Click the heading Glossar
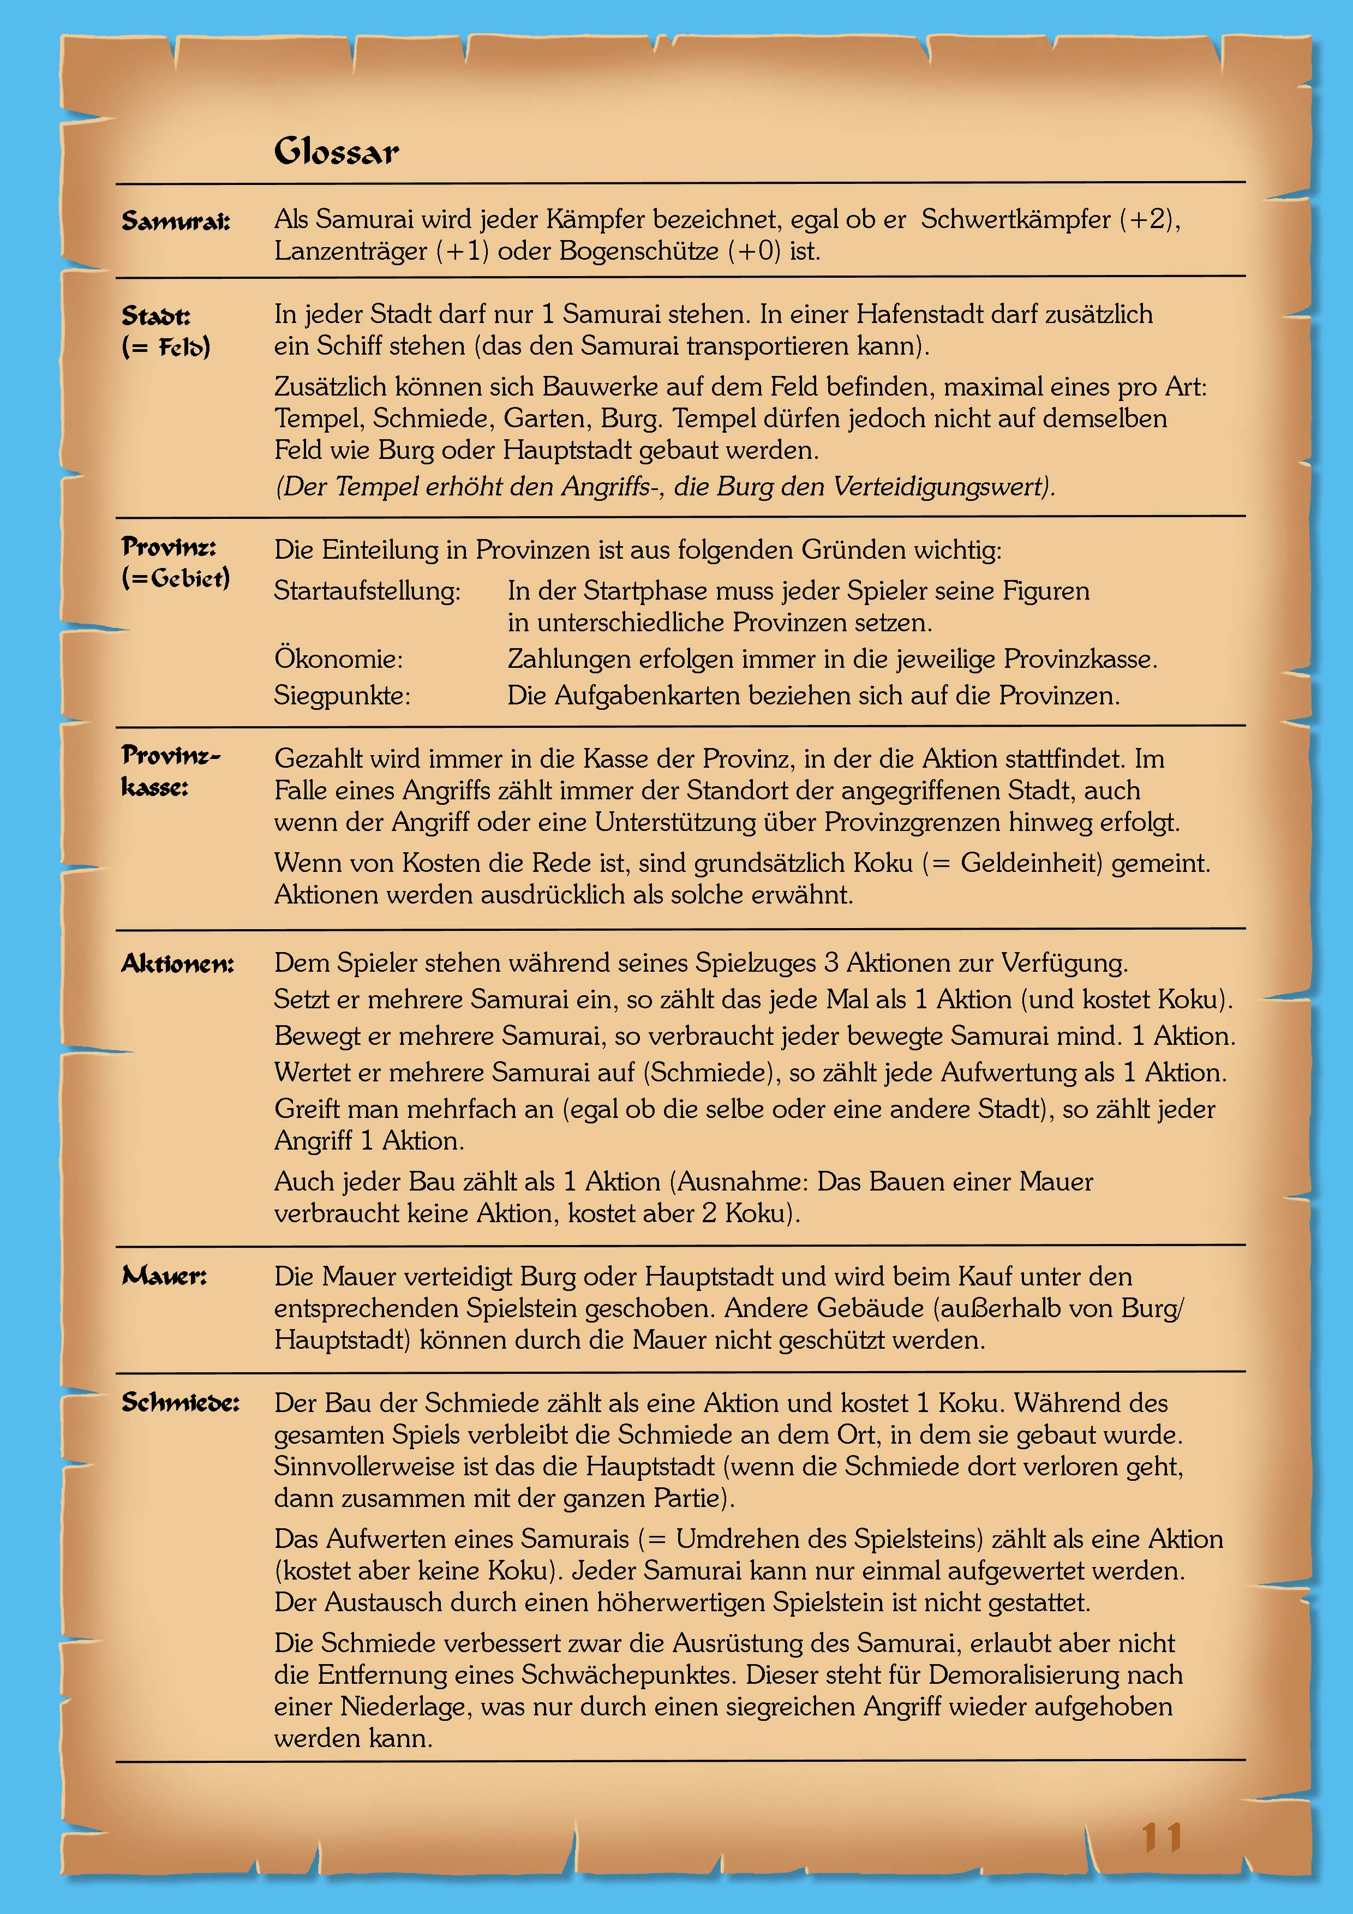coord(336,151)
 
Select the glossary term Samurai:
coord(176,221)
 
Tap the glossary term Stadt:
coord(156,315)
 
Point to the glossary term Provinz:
coord(169,546)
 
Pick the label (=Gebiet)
coord(176,578)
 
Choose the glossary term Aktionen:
coord(177,964)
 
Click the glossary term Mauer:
coord(164,1276)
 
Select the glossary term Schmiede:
coord(180,1402)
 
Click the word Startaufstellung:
coord(367,591)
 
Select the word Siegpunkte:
coord(342,695)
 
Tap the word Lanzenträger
coord(350,251)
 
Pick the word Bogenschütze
coord(638,251)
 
